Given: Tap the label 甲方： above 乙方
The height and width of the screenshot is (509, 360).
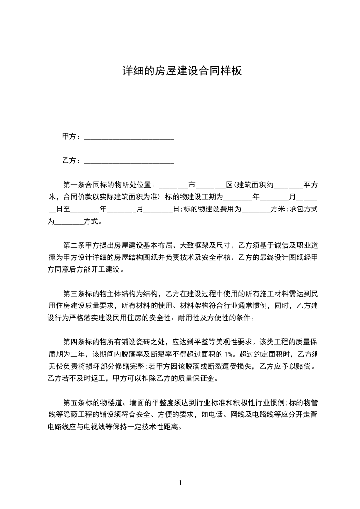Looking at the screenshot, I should tap(72, 137).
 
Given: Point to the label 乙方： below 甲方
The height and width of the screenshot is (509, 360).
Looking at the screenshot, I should tap(72, 161).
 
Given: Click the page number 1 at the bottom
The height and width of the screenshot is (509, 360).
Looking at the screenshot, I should tap(180, 483).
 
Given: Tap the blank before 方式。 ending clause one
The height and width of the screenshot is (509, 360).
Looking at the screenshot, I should tap(69, 222).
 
